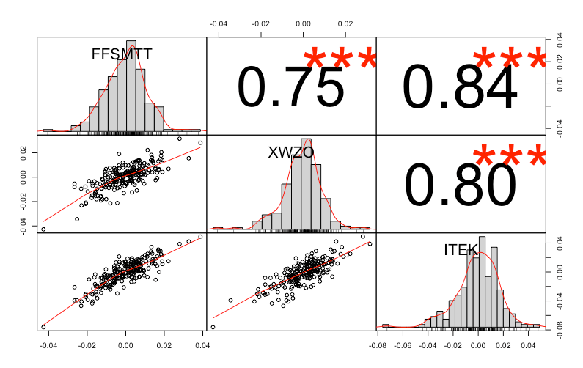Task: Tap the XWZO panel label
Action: [291, 152]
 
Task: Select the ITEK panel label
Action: [461, 250]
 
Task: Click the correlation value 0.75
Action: [290, 87]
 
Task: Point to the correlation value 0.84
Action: [461, 87]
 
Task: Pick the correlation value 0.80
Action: [461, 184]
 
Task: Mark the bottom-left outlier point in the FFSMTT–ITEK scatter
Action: [43, 327]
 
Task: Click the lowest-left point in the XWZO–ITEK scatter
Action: [213, 327]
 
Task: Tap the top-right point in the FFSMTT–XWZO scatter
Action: [200, 142]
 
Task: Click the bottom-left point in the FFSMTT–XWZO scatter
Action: [43, 229]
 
